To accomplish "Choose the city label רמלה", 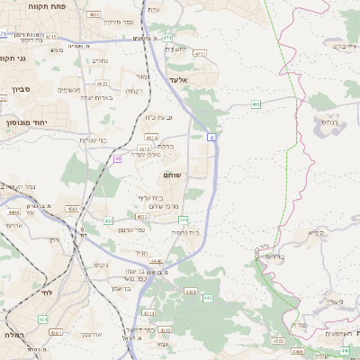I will click(15, 335).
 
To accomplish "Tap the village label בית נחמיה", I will click(185, 232).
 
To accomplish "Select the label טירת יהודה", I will click(148, 155).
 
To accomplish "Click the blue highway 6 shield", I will click(211, 137).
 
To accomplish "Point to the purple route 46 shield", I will click(118, 158).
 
